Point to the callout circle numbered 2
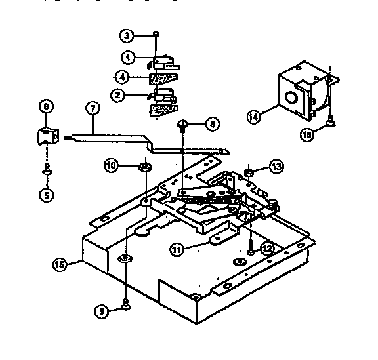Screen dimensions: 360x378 point(119,95)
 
